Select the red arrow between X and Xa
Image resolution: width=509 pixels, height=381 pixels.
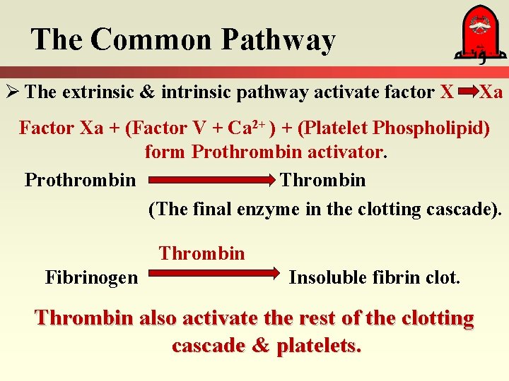pyautogui.click(x=468, y=92)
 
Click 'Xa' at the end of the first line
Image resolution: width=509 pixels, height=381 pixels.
pyautogui.click(x=491, y=92)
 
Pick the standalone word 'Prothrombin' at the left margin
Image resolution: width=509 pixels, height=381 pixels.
pyautogui.click(x=80, y=180)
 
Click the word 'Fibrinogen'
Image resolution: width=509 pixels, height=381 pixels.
pyautogui.click(x=92, y=277)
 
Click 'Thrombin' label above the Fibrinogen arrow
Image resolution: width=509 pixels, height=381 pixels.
pyautogui.click(x=201, y=253)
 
